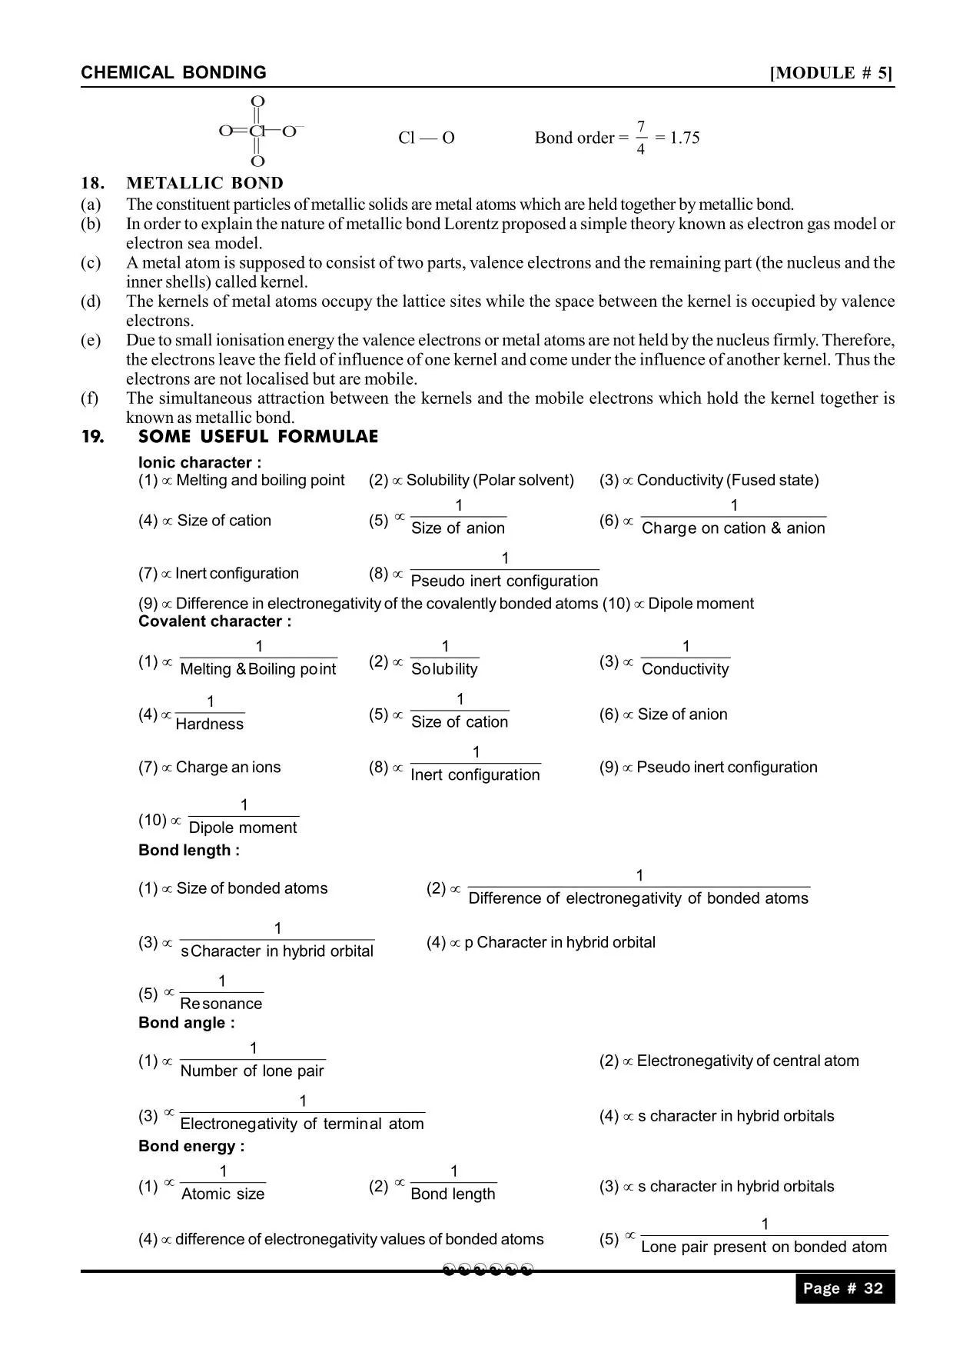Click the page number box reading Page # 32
[844, 1289]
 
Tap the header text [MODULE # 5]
[832, 73]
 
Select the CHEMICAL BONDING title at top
[174, 73]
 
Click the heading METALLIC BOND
[204, 183]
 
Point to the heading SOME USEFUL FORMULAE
[258, 437]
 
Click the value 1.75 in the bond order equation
[684, 138]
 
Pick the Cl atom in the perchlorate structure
[257, 132]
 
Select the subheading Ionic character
[199, 462]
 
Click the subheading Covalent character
[214, 621]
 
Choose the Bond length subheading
[188, 850]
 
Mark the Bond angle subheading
[186, 1022]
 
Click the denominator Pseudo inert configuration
[504, 581]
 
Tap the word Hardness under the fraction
[210, 724]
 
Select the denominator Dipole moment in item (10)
[243, 828]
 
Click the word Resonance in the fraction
[221, 1004]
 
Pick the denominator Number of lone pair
[252, 1071]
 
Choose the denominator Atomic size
[223, 1194]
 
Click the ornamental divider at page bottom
[488, 1270]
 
